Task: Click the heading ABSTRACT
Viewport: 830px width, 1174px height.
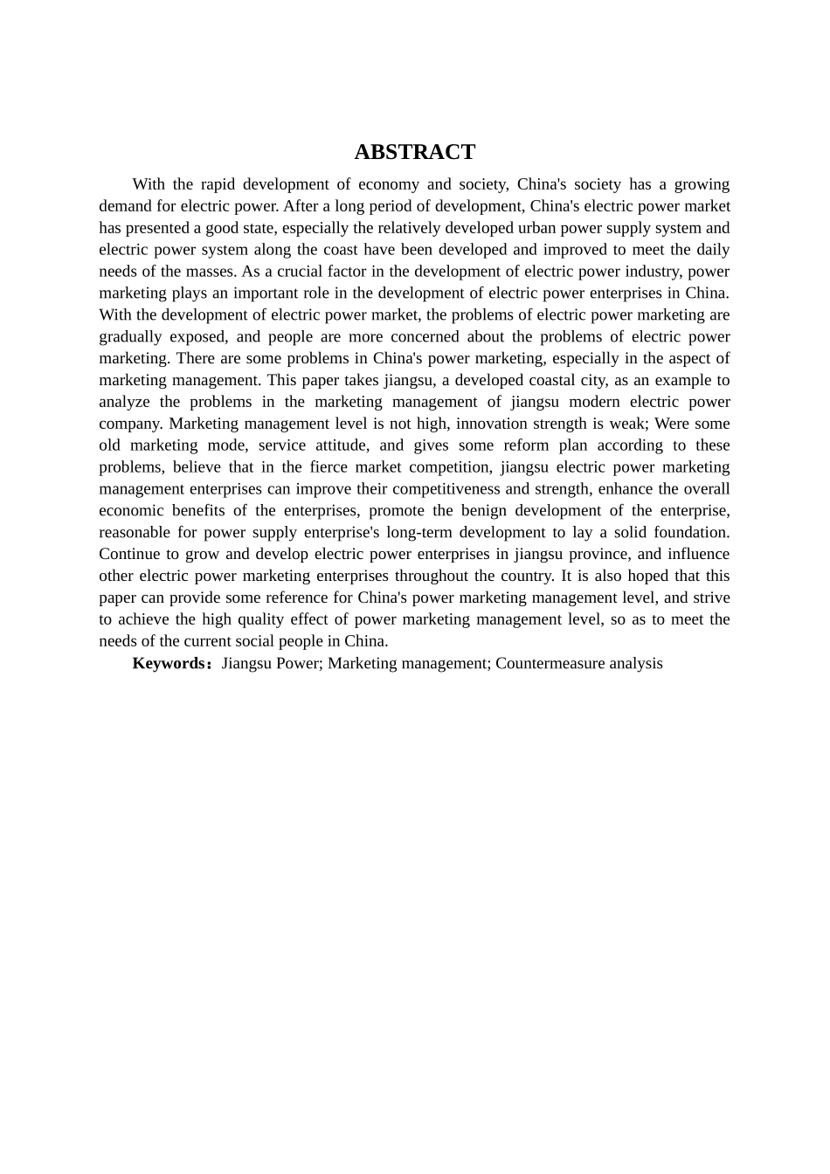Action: point(414,152)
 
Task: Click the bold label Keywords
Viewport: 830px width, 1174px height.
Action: point(168,664)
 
